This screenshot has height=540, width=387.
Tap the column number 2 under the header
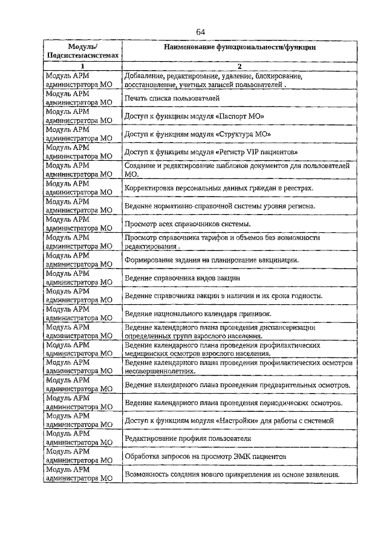coord(239,66)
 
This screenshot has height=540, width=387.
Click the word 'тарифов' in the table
coord(225,238)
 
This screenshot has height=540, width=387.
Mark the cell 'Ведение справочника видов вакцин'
coord(183,278)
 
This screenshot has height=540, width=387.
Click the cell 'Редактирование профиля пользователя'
coord(187,438)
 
